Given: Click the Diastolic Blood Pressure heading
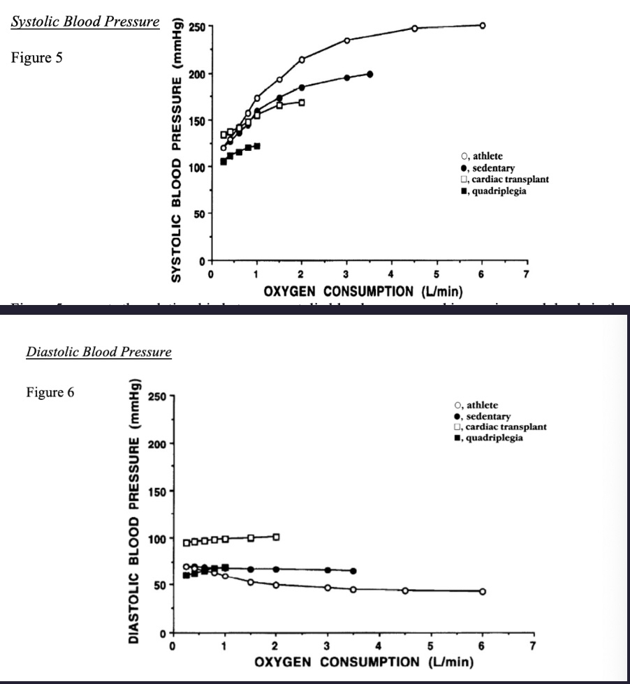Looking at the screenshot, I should tap(98, 352).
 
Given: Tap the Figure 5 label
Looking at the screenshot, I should tap(36, 58).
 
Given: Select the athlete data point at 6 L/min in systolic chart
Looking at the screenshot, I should tap(482, 25).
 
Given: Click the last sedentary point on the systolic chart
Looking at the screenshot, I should tap(369, 74).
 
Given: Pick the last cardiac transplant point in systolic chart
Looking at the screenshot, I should tap(302, 103).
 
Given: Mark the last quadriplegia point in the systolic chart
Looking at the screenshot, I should tap(257, 146).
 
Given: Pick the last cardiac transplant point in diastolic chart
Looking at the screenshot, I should tap(277, 537).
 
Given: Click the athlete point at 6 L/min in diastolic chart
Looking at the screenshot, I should tap(482, 591).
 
